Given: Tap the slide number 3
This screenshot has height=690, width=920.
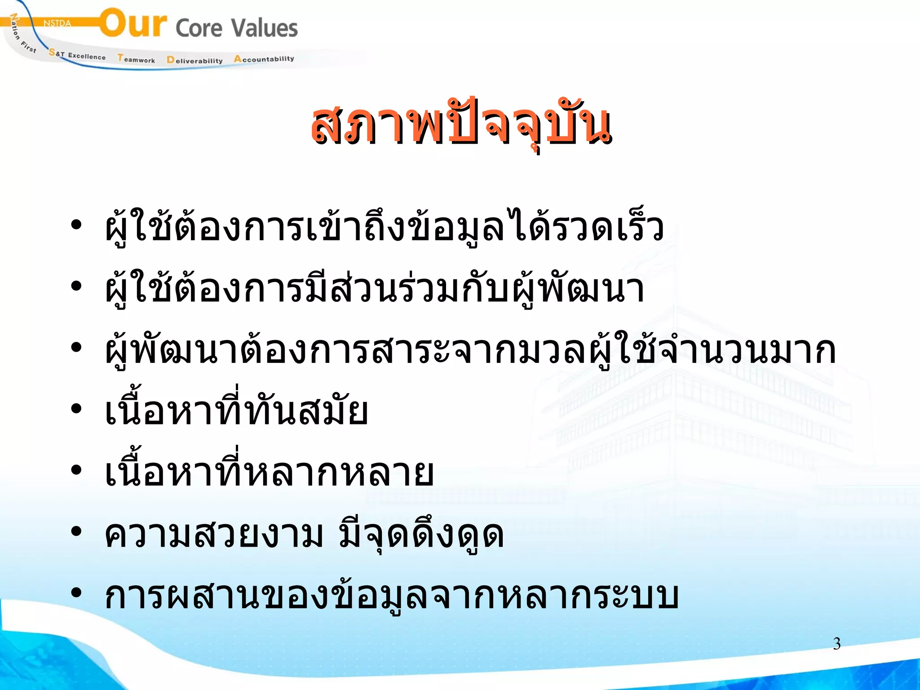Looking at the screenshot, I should coord(836,644).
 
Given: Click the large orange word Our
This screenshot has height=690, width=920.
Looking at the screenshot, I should coord(133,23).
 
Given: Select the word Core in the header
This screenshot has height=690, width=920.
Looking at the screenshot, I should coord(199,28).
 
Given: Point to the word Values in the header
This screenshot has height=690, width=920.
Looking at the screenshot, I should coord(265,28).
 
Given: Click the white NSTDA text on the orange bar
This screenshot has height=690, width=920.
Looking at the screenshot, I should coord(57,23).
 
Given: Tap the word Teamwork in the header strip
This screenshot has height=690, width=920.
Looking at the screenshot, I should coord(136,59).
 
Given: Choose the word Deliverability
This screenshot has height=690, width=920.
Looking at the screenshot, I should coord(195,60).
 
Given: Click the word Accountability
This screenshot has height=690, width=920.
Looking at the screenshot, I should coord(264,59).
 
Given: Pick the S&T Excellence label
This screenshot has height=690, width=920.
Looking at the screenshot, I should coord(77,55).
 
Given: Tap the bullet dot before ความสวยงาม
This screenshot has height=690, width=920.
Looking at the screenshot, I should coord(76,531).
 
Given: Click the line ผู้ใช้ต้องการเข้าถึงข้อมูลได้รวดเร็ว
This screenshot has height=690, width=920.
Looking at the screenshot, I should coord(384,227).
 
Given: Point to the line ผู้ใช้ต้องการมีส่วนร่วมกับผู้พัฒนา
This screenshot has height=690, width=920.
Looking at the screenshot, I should coord(375,288).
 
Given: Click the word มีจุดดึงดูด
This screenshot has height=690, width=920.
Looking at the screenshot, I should coord(421,535).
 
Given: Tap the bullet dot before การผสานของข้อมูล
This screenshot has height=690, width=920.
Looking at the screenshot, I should coord(76,593).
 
